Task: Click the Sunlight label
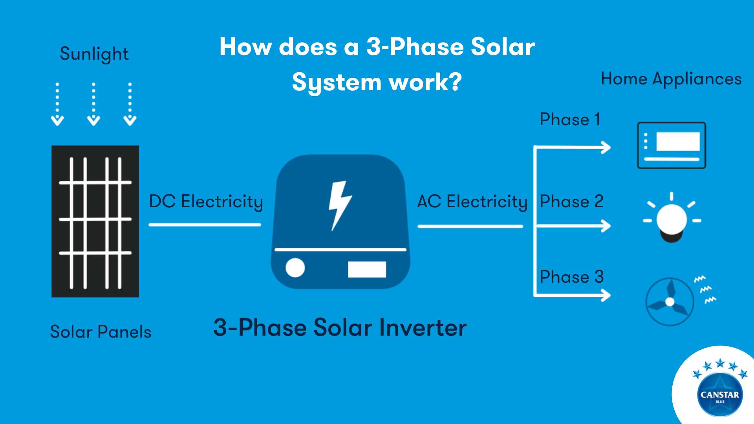[x=94, y=54]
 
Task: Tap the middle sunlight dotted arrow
[x=93, y=104]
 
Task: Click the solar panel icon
[x=95, y=221]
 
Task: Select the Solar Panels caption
[x=101, y=332]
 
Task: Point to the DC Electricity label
[x=206, y=202]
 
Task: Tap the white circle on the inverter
[x=295, y=268]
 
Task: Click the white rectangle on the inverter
[x=367, y=269]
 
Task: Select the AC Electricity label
[x=472, y=202]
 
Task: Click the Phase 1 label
[x=570, y=119]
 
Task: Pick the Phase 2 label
[x=571, y=202]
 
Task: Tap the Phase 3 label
[x=571, y=277]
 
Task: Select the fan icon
[x=670, y=302]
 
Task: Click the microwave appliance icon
[x=671, y=145]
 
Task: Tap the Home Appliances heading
[x=671, y=79]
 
